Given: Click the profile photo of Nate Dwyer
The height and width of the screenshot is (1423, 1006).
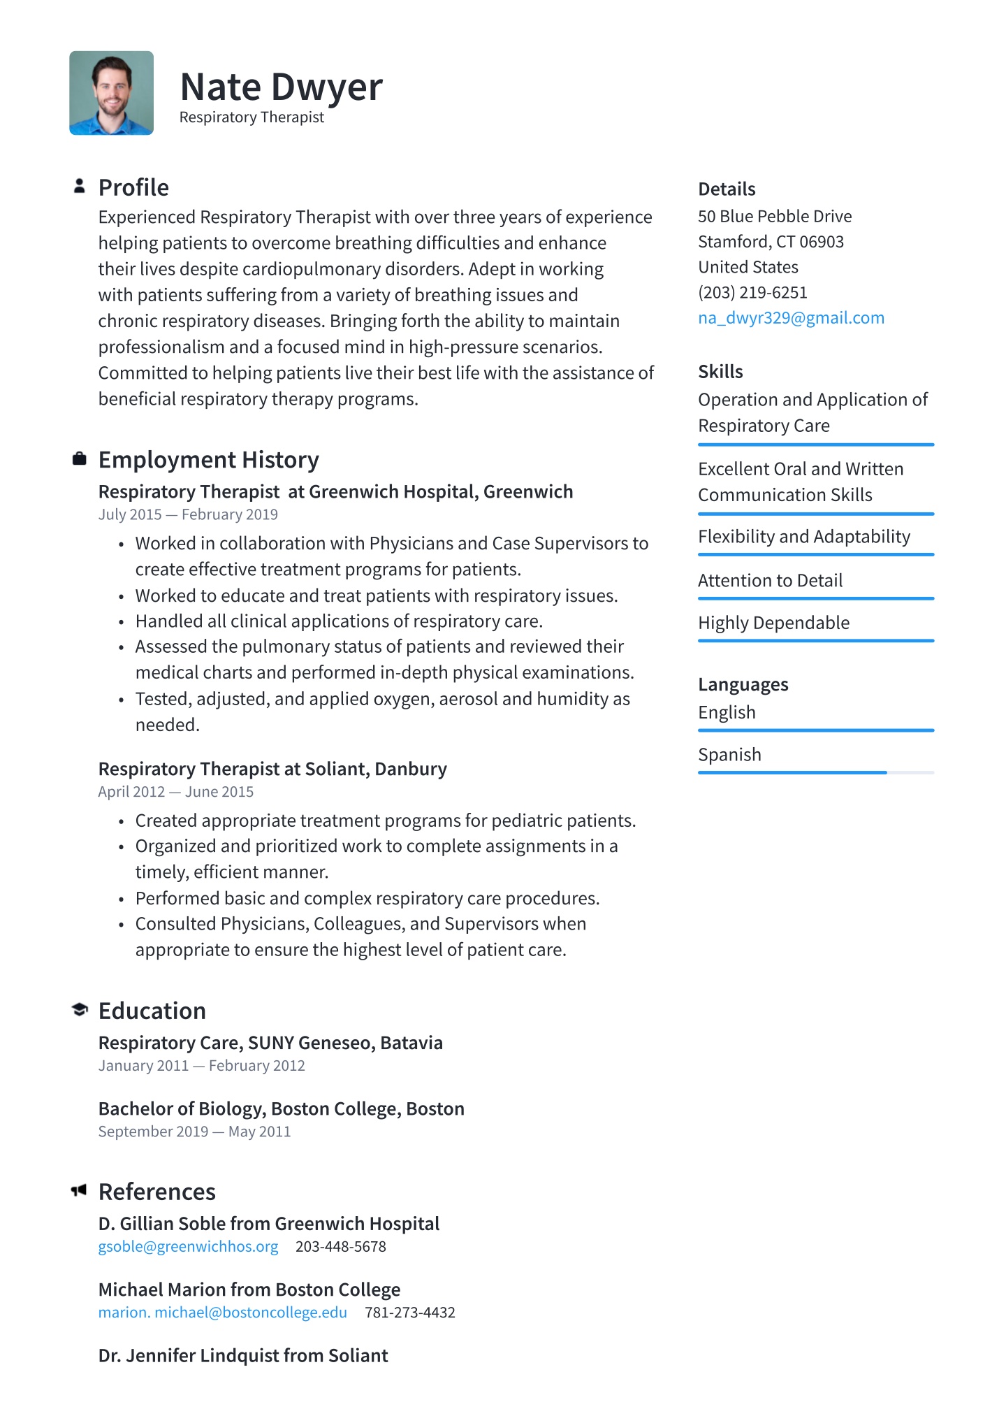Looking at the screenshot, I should tap(111, 93).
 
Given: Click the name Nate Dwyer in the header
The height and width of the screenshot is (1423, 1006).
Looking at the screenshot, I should tap(281, 87).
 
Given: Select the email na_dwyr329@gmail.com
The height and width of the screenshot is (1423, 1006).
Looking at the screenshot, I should tap(791, 318).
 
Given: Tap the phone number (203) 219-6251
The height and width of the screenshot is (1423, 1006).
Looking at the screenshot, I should tap(752, 292).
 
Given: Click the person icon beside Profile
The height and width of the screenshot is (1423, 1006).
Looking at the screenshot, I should tap(80, 186).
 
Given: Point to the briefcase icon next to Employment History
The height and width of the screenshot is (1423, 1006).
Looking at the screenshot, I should tap(80, 458).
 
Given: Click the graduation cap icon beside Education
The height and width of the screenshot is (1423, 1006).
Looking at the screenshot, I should tap(80, 1009).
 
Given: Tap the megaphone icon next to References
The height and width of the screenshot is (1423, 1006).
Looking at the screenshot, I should tap(79, 1190).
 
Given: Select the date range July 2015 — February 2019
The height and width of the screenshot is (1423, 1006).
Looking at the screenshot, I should tap(188, 514).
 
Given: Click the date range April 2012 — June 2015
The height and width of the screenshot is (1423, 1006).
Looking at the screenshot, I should tap(175, 792).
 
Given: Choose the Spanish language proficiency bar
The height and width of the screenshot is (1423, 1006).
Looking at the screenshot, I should tap(815, 772).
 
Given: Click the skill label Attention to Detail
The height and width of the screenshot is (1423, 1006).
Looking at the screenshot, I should tap(770, 580).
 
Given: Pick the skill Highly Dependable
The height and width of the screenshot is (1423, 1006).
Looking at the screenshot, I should tap(773, 623).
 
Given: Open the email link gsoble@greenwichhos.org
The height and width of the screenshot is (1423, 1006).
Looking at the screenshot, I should tap(188, 1247).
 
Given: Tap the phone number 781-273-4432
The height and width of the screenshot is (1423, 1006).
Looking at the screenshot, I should tap(409, 1313).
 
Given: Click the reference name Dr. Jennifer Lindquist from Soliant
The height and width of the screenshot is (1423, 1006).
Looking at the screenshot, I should tap(243, 1355).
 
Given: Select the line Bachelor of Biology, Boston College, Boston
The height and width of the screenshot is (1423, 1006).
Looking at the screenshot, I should tap(281, 1108).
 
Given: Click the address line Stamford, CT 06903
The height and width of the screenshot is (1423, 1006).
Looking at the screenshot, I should tap(771, 242).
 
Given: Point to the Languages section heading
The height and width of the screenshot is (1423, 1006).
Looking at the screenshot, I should tap(743, 684).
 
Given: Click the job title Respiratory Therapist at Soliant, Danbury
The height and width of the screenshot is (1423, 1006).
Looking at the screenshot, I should tap(272, 769).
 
